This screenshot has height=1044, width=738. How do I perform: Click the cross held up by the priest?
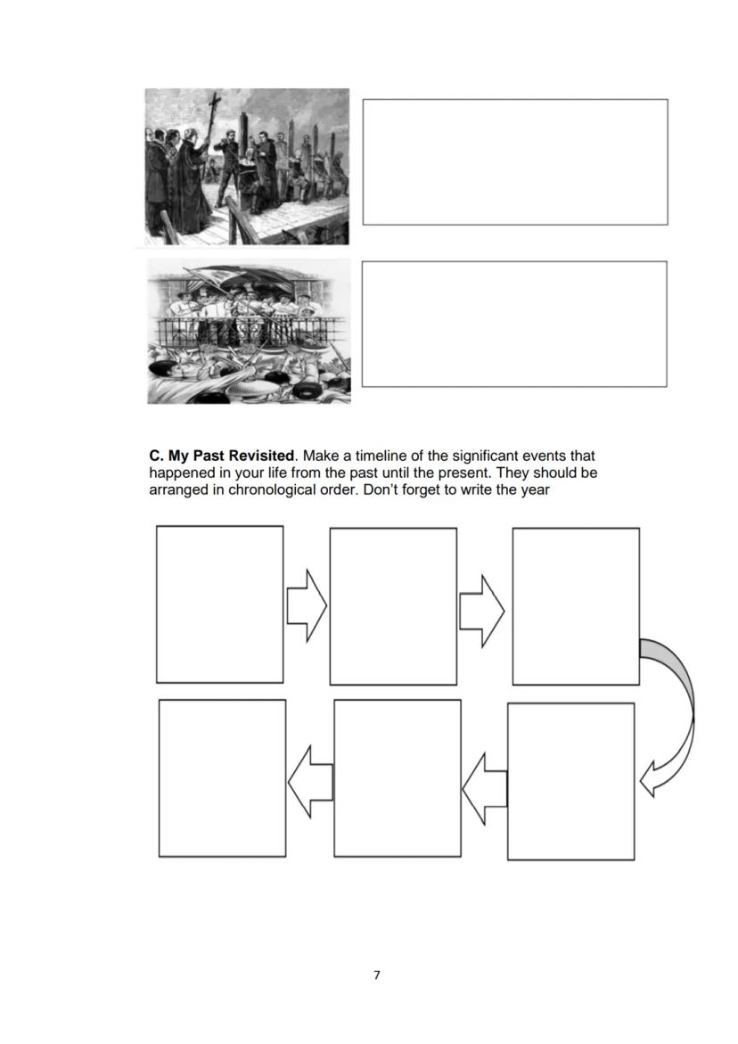coord(213,111)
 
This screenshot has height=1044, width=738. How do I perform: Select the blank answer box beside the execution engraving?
coord(514,161)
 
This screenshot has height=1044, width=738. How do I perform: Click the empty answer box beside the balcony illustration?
coord(514,324)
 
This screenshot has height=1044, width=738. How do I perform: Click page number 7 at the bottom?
coord(376,974)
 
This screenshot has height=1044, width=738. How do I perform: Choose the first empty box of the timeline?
coord(219,604)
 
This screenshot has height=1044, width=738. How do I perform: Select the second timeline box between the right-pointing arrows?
coord(393,606)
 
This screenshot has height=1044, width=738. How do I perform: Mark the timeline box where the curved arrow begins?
coord(575,606)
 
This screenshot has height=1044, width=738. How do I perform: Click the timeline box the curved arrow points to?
coord(570,781)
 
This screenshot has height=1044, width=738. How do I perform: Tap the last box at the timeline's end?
coord(222,778)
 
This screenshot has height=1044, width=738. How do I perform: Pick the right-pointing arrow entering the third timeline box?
coord(481,610)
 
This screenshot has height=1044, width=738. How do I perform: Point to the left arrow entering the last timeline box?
coord(309,781)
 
